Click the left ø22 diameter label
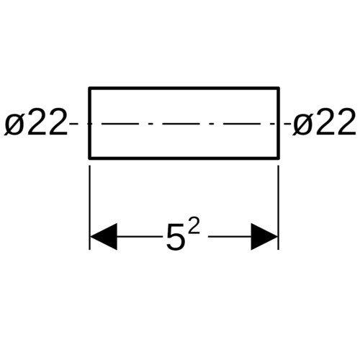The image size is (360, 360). point(35,122)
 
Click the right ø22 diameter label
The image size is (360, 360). point(324,122)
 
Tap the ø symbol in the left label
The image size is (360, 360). point(14,125)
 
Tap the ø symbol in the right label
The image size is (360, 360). point(303,125)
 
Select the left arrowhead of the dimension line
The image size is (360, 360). point(103,237)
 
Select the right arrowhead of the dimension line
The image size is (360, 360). point(264,237)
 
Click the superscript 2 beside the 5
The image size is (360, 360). point(194,225)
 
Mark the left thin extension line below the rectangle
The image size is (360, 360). point(89,207)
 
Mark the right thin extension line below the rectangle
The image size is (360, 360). point(278,207)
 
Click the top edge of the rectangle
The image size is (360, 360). point(184,89)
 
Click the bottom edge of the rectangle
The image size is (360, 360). point(184,158)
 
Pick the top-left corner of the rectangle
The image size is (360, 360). point(89,88)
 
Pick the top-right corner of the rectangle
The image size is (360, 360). point(279,88)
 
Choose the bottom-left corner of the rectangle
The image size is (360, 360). point(89,158)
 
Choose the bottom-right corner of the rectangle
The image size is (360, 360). point(279,158)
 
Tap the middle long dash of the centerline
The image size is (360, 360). point(181,124)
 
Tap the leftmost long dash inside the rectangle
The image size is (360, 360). point(120,124)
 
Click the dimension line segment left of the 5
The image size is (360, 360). point(139,237)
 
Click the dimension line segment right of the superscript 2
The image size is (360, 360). point(230,237)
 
